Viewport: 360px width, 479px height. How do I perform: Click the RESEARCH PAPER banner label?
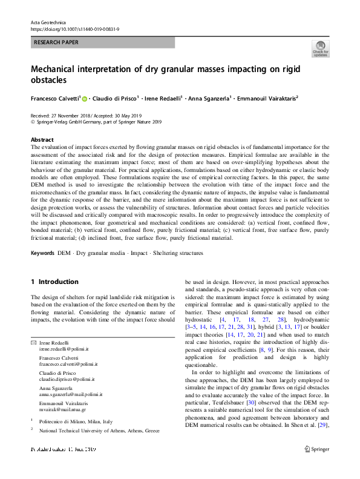click(56, 43)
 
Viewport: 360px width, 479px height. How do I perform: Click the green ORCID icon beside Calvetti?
click(85, 98)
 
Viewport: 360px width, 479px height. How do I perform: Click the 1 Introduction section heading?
click(54, 282)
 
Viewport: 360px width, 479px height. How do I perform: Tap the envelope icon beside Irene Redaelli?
click(33, 343)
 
